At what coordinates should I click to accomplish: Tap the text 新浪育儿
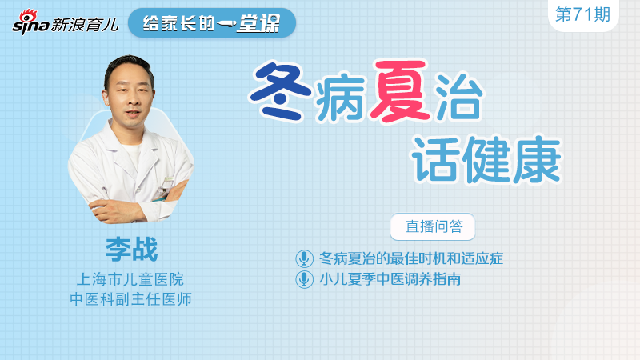(x=84, y=25)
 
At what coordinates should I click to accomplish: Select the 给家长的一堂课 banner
(x=212, y=23)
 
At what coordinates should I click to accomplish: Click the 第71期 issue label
(x=582, y=14)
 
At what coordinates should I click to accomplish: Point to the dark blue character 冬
(x=281, y=91)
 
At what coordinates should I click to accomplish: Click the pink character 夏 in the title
(x=398, y=91)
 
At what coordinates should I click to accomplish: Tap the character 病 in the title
(x=339, y=97)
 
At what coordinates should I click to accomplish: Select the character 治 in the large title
(x=458, y=97)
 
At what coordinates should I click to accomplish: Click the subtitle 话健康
(x=486, y=159)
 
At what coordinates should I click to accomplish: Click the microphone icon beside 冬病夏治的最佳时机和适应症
(x=304, y=258)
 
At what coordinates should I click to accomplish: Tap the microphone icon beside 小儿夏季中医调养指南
(x=304, y=279)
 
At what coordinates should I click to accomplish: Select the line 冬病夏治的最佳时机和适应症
(x=411, y=258)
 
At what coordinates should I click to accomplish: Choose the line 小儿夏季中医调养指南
(x=390, y=279)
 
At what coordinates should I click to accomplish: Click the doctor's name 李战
(x=131, y=249)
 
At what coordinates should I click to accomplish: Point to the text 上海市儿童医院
(x=130, y=279)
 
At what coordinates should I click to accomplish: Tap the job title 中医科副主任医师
(x=130, y=299)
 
